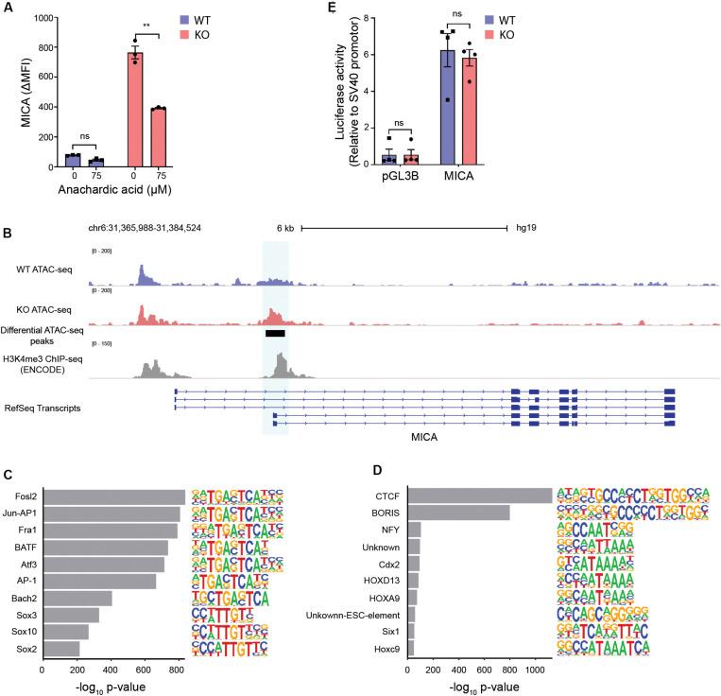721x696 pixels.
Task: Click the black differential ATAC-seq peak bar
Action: coord(275,333)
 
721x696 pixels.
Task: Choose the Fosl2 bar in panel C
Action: coord(113,497)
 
